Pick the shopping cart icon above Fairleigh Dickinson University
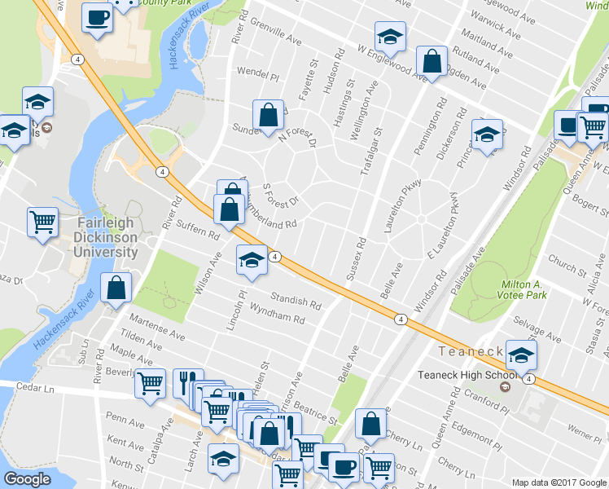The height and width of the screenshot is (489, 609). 42,221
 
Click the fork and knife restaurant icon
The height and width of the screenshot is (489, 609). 188,379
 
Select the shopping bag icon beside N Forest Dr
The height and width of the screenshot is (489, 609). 268,117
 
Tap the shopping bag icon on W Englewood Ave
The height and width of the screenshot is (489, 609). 432,60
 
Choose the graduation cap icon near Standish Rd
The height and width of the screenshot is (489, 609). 252,261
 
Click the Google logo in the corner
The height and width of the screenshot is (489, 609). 28,479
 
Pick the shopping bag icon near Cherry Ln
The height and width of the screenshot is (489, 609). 371,424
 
